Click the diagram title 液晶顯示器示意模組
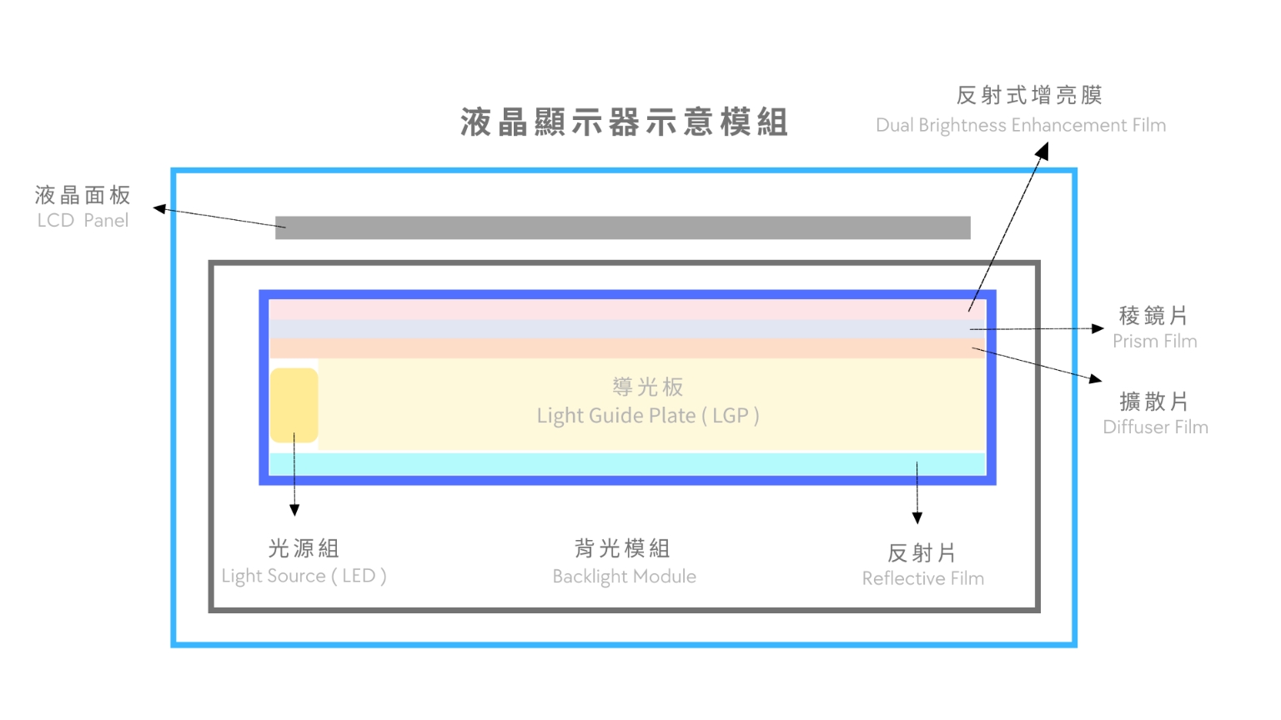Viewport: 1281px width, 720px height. [x=624, y=122]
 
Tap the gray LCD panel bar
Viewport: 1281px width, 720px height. [x=622, y=227]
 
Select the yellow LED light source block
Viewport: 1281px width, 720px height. [x=294, y=405]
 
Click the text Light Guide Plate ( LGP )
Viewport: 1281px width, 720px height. [x=647, y=415]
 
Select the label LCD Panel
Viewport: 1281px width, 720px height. [x=83, y=221]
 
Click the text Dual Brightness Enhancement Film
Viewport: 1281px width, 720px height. [x=1020, y=125]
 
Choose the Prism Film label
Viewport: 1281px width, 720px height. [x=1154, y=341]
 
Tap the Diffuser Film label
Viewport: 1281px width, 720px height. [x=1155, y=427]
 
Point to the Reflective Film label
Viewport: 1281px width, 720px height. [x=922, y=578]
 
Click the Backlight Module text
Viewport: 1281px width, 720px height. [x=624, y=577]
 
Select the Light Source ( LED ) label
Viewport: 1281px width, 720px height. [x=304, y=576]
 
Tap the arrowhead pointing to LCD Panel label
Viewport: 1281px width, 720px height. [x=159, y=208]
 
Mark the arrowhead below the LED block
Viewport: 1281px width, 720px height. [x=294, y=510]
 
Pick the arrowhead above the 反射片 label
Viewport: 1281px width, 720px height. [x=917, y=517]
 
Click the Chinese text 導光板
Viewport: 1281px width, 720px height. [x=647, y=387]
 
